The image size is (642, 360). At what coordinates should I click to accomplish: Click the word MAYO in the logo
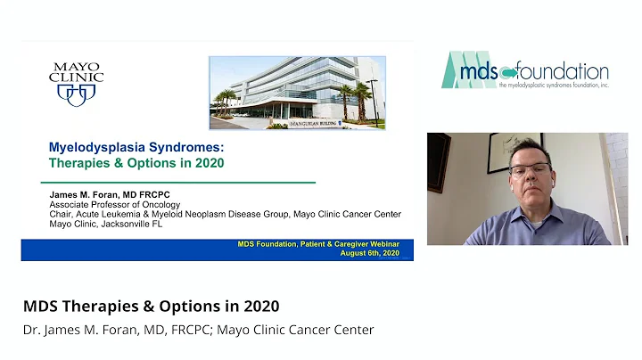tap(76, 65)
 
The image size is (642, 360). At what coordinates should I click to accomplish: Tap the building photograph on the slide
tap(297, 93)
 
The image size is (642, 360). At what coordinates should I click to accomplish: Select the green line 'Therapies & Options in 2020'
tap(136, 163)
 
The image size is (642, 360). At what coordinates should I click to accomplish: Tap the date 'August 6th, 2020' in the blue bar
tap(370, 253)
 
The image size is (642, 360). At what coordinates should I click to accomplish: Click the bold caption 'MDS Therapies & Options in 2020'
tap(151, 306)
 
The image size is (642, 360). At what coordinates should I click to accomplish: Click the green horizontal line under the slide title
tap(169, 182)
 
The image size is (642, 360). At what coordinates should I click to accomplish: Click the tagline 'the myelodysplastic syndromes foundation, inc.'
tap(553, 86)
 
